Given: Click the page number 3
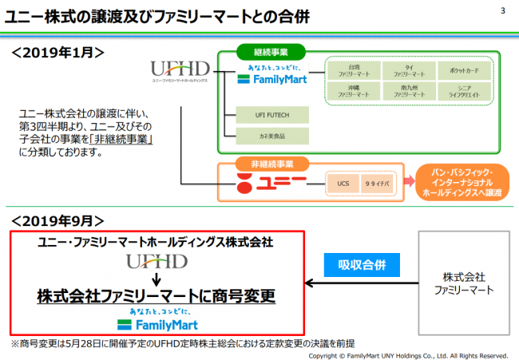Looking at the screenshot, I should tap(502, 10).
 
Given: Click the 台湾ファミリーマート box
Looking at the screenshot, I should tap(351, 72).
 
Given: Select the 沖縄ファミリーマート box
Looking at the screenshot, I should tap(351, 92).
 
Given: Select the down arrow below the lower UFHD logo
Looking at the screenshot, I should tap(157, 279).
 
